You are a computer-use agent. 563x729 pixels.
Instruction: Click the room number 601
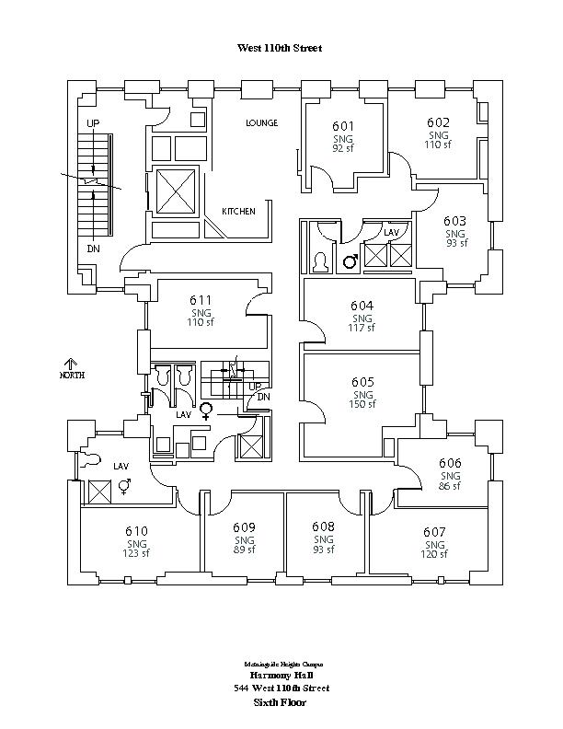coord(342,126)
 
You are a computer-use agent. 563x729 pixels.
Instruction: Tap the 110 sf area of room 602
coord(438,145)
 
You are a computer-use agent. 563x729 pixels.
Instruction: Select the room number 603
coord(454,221)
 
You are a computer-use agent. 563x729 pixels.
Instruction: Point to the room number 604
coord(362,306)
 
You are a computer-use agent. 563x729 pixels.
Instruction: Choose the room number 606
coord(450,463)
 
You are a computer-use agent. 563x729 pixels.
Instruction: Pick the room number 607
coord(434,532)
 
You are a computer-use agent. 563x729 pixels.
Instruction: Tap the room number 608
coord(323,527)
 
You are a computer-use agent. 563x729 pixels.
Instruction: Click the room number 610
coord(136,531)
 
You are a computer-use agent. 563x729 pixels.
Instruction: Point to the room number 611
coord(201,300)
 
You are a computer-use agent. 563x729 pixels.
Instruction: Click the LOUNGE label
coord(261,122)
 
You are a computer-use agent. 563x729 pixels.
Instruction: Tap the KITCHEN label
coord(238,212)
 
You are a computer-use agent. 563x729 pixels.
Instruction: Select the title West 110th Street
coord(280,48)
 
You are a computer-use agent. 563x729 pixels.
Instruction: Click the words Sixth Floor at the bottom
coord(280,702)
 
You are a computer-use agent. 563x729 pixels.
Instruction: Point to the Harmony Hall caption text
coord(280,675)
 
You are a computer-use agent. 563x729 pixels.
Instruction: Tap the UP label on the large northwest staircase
coord(93,122)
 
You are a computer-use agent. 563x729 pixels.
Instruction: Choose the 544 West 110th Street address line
coord(281,688)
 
